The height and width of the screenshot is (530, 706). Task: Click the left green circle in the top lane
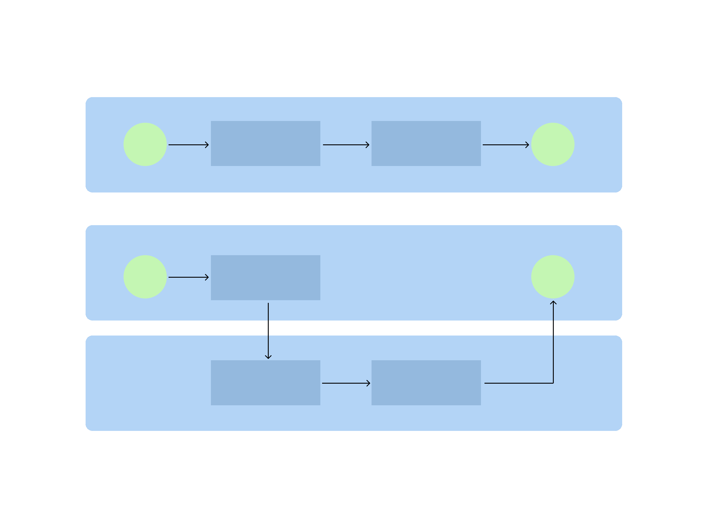(145, 144)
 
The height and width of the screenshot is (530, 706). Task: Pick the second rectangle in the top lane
(426, 143)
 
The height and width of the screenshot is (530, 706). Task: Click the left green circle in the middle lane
(145, 277)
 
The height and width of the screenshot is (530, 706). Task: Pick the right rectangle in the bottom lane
(426, 383)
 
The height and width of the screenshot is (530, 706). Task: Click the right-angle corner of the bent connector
(553, 383)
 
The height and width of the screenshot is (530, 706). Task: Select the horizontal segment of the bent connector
(519, 383)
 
